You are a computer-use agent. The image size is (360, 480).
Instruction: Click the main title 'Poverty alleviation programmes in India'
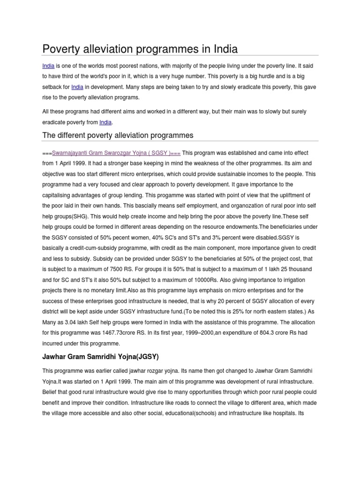click(x=140, y=49)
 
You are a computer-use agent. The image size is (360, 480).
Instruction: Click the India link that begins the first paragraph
click(x=48, y=66)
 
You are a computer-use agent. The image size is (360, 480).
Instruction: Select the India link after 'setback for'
click(x=77, y=87)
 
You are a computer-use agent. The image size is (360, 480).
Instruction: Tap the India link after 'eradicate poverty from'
click(x=105, y=122)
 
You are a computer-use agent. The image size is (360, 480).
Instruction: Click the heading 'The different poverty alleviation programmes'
click(x=118, y=135)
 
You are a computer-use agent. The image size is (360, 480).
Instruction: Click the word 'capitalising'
click(x=60, y=195)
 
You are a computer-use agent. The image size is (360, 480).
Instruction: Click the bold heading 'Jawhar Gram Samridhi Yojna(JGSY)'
click(x=100, y=357)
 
